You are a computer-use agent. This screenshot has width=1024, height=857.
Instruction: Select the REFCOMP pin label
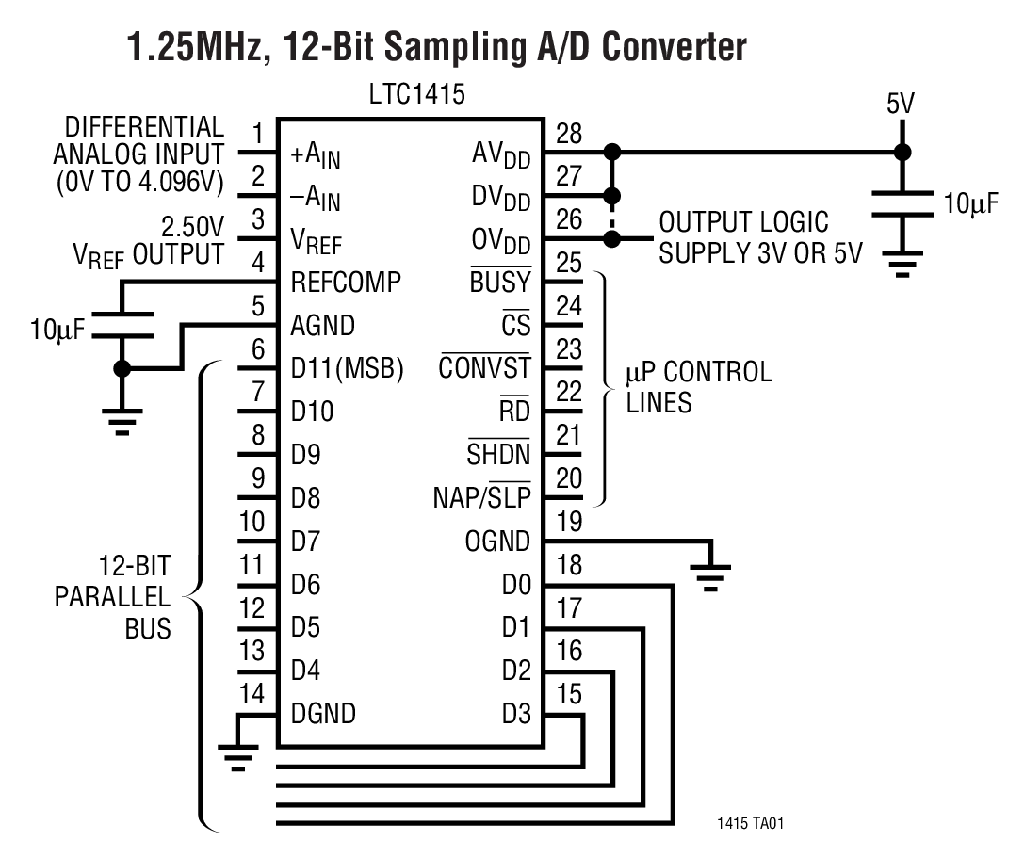[x=346, y=282]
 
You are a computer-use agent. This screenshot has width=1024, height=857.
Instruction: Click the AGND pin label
[x=323, y=325]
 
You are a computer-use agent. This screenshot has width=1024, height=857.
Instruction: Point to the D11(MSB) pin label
[x=347, y=369]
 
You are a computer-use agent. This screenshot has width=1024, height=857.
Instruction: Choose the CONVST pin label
[x=484, y=368]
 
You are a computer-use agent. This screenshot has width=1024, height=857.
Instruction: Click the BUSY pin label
[x=499, y=282]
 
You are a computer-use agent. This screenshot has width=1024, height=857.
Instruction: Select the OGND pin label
[x=497, y=542]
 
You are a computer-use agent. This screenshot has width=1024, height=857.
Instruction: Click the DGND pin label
[x=323, y=714]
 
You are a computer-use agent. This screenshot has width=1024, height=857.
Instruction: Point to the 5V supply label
[x=901, y=104]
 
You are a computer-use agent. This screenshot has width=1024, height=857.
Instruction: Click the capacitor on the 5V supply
[x=902, y=204]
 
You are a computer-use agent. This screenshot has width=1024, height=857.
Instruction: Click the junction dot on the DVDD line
[x=612, y=195]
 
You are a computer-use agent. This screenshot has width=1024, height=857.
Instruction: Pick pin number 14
[x=252, y=694]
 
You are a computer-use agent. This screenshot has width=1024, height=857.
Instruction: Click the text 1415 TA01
[x=750, y=823]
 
